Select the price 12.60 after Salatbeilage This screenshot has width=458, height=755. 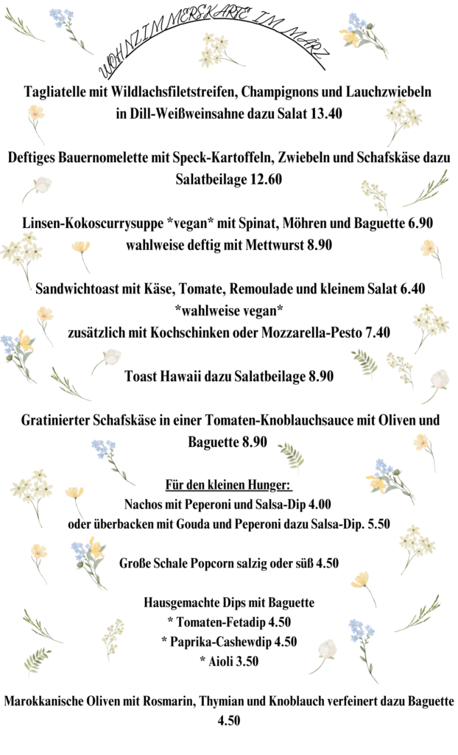coord(267,179)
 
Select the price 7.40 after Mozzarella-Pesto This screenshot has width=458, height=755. coord(373,333)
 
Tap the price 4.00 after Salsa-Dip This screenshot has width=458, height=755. coord(316,505)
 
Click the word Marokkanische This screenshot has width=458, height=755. coord(46,701)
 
